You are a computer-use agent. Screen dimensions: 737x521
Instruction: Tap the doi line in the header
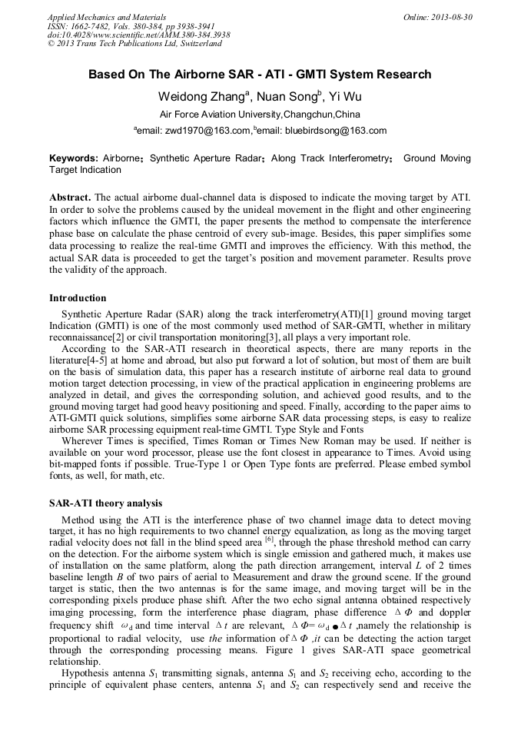[138, 35]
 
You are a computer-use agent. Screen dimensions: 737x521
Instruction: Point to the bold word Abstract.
[70, 198]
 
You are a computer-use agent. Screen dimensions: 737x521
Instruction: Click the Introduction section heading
[78, 297]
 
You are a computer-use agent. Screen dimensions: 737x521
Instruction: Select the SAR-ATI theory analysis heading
[105, 503]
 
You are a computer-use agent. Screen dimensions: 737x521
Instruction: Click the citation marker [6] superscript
[270, 538]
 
